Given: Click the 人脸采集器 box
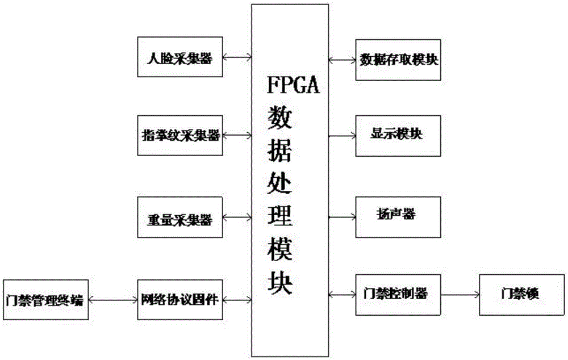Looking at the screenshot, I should pyautogui.click(x=180, y=57).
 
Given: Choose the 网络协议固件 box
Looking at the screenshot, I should pyautogui.click(x=180, y=299).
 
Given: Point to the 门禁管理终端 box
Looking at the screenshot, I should pyautogui.click(x=44, y=299).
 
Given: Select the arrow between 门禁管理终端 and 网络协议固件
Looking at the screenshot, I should pyautogui.click(x=111, y=299).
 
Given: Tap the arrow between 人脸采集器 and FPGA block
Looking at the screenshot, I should pyautogui.click(x=237, y=57).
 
